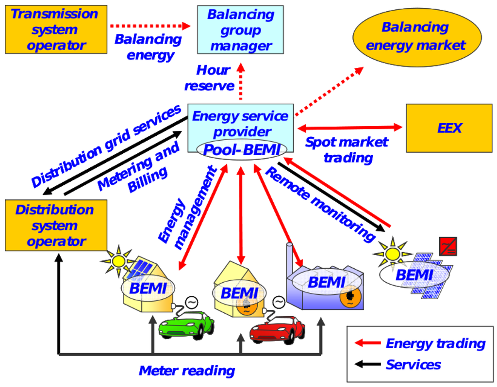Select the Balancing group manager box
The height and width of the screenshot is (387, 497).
(x=240, y=30)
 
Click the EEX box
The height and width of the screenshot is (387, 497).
(x=449, y=128)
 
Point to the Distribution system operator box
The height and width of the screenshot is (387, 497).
(x=56, y=225)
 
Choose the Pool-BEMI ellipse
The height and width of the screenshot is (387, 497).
(x=242, y=149)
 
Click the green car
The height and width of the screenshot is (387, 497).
(x=186, y=324)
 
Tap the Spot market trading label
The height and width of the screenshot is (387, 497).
(x=347, y=149)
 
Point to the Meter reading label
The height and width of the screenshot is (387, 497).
(x=187, y=371)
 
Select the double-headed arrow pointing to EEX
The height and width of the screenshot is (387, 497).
(x=349, y=128)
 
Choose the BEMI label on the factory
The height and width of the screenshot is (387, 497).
(x=326, y=281)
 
